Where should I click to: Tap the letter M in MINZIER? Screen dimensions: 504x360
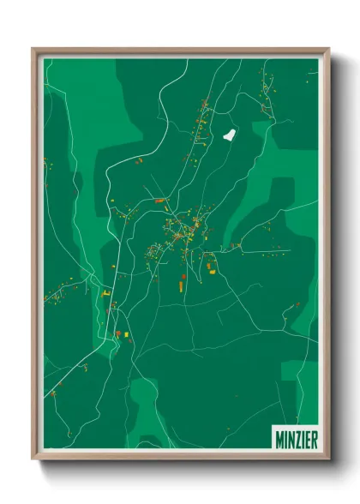pyautogui.click(x=279, y=438)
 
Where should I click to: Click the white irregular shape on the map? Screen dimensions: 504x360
pyautogui.click(x=228, y=135)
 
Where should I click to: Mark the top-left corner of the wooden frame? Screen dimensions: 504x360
pyautogui.click(x=33, y=49)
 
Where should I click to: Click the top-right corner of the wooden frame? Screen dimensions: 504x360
pyautogui.click(x=329, y=49)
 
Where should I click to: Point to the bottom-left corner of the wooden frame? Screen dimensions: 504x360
pyautogui.click(x=33, y=459)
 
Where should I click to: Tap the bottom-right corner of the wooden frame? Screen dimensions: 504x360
pyautogui.click(x=329, y=459)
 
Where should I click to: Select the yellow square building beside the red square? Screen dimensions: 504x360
pyautogui.click(x=124, y=333)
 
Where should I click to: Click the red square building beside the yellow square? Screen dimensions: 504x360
pyautogui.click(x=117, y=333)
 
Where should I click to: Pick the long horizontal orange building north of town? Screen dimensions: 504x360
pyautogui.click(x=159, y=201)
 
